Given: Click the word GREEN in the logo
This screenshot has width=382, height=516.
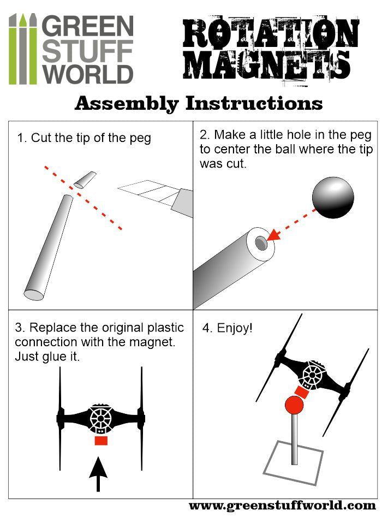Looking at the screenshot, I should click(87, 25).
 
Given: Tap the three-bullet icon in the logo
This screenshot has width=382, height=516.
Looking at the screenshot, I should click(23, 49).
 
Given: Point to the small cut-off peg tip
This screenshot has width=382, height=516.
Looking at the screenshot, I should click(85, 180).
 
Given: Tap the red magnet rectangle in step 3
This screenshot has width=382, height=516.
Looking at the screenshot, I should click(101, 440).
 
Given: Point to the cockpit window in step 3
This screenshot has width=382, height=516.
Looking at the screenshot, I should click(101, 419).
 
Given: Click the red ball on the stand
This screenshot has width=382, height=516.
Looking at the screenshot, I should click(294, 406).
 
